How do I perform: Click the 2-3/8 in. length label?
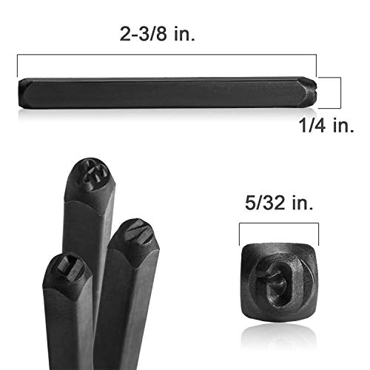point(158,34)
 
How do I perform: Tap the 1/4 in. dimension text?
point(326,125)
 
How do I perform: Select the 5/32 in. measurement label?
point(279,203)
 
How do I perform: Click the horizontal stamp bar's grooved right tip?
point(312,92)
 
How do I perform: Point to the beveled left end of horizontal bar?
point(23,93)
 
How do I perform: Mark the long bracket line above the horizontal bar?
point(166,55)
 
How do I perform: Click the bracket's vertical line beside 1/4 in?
point(340,92)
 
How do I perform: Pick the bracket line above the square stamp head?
point(279,223)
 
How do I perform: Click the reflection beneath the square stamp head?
point(279,334)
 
